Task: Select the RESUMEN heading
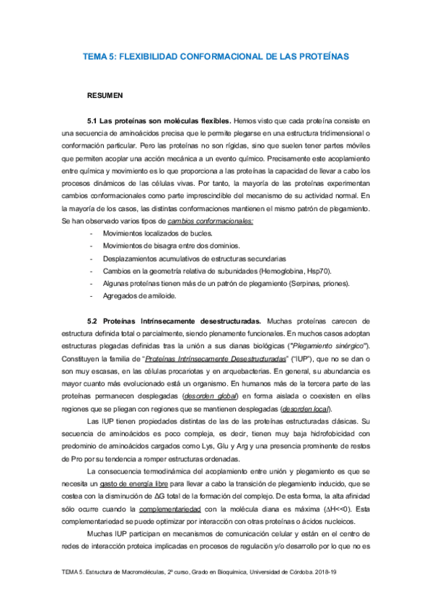coord(105,94)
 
